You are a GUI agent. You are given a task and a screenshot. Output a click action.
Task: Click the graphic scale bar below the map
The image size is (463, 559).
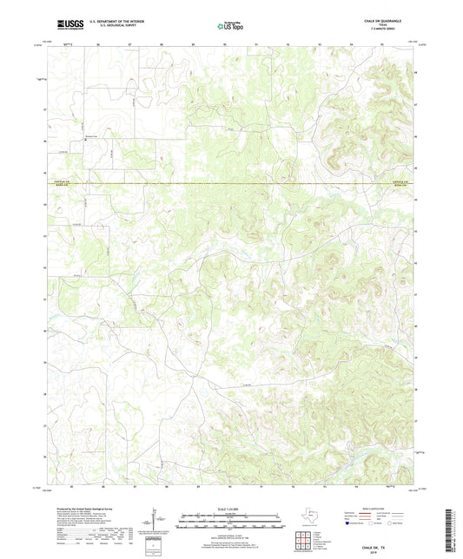(x=231, y=523)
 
